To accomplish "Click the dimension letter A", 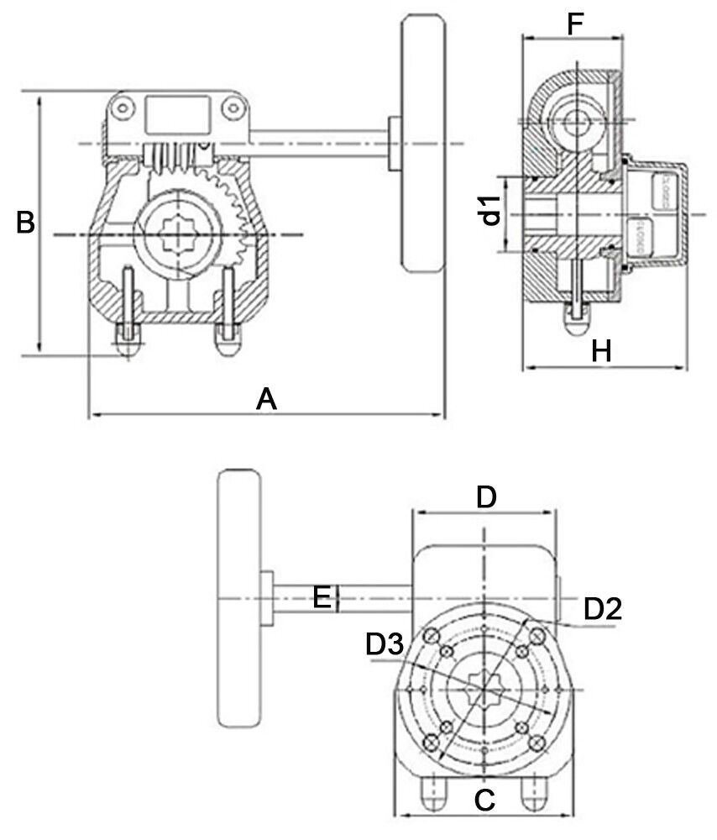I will tap(266, 398).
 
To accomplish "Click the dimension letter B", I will tap(26, 223).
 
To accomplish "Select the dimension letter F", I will tap(574, 25).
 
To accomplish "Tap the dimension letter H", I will tap(600, 351).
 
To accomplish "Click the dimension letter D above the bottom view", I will tap(486, 497).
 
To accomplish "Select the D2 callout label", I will tap(602, 609).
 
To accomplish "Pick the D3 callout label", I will tap(385, 645).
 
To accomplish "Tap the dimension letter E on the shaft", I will tap(321, 597).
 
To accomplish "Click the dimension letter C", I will tap(484, 799).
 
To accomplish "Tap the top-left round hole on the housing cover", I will tap(124, 108).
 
